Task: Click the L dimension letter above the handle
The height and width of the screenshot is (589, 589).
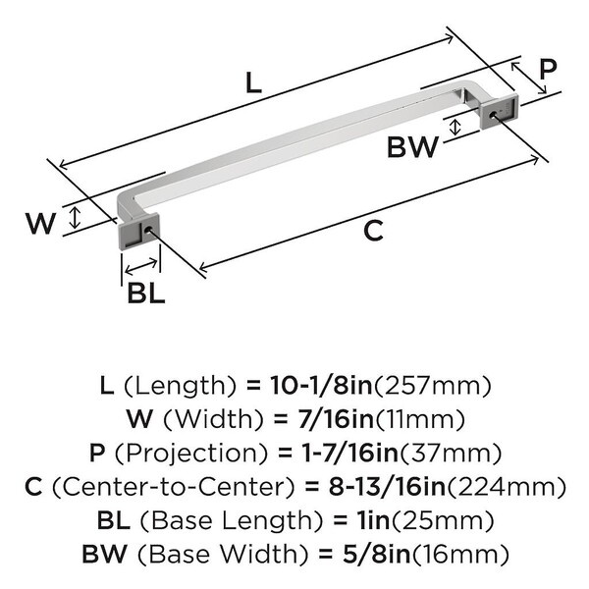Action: [x=253, y=82]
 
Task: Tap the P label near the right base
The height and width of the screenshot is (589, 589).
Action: [x=548, y=69]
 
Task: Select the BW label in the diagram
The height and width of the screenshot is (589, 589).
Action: [x=413, y=147]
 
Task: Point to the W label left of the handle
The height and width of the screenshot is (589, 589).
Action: [x=41, y=223]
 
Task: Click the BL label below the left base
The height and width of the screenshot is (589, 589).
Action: [x=146, y=293]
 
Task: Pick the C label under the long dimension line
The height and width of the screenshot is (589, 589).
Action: [x=373, y=231]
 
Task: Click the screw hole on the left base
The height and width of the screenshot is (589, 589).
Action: [x=147, y=229]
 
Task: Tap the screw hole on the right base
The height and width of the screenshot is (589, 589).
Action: [x=494, y=114]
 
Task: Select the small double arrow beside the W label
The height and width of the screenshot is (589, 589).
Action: [x=76, y=218]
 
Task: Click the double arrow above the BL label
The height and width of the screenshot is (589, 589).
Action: [x=141, y=266]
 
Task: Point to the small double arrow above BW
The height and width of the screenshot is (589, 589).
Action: [x=455, y=127]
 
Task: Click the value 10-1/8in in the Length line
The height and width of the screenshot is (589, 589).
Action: [x=321, y=386]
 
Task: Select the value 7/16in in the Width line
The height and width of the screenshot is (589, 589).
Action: [x=336, y=419]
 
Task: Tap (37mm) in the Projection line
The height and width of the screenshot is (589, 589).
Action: [x=450, y=453]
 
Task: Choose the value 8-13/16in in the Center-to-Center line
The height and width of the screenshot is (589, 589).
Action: [x=388, y=487]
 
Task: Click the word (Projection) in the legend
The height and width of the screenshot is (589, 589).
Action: [x=191, y=453]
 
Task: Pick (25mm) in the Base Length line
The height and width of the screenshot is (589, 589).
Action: [x=444, y=520]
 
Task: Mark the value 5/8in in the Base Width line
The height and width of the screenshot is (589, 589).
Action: [x=376, y=555]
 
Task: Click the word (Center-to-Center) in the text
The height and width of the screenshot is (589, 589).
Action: [x=174, y=487]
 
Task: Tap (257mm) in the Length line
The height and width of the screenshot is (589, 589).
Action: [x=433, y=386]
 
